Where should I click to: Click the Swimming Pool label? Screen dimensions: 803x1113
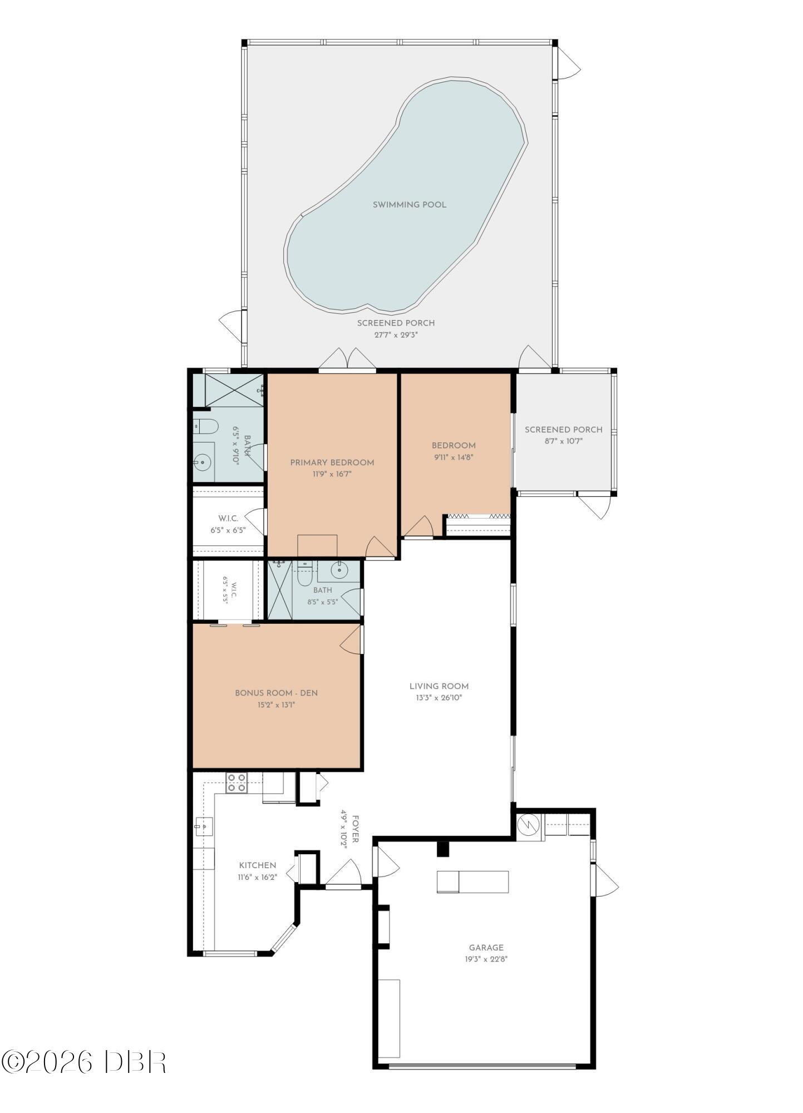point(410,205)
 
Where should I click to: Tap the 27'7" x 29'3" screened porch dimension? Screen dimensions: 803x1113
point(396,335)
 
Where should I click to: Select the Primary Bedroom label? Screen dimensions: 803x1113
point(332,462)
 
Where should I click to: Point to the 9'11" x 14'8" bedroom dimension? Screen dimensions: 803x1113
point(454,457)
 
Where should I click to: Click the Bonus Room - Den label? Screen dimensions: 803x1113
point(277,693)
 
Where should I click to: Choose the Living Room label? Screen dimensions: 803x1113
point(439,686)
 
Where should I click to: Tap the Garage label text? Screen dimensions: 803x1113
point(486,948)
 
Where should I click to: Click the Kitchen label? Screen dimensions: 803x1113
point(258,865)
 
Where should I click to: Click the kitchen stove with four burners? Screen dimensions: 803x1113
point(237,783)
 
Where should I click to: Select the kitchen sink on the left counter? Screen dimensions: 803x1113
point(204,827)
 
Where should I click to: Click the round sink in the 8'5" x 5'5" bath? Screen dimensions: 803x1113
point(339,570)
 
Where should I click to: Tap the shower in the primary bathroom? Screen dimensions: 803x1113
point(234,390)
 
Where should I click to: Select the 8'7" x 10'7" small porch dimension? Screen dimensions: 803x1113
point(563,441)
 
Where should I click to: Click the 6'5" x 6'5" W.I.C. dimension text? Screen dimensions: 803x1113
point(228,530)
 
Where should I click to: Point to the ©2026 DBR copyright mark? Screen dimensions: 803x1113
point(84,1062)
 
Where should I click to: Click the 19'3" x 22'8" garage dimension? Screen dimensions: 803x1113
point(486,959)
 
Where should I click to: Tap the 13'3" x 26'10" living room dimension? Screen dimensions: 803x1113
point(439,698)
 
